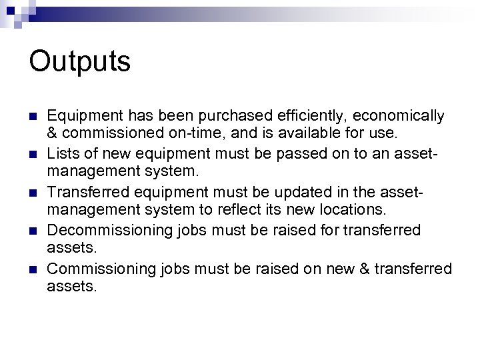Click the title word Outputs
pyautogui.click(x=80, y=62)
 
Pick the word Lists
pyautogui.click(x=64, y=155)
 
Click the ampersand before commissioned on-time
pyautogui.click(x=53, y=133)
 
